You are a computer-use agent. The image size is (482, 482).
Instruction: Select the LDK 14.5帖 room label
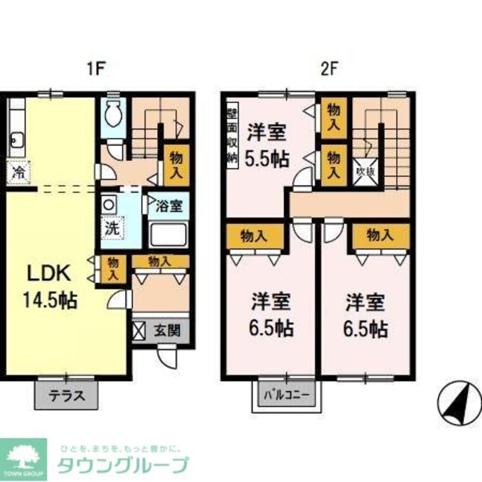pos(49,286)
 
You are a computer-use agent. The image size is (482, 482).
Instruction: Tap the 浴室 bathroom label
pos(168,206)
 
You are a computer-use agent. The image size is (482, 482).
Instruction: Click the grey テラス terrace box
pos(67,396)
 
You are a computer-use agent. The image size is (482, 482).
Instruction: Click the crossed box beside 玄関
pos(139,332)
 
